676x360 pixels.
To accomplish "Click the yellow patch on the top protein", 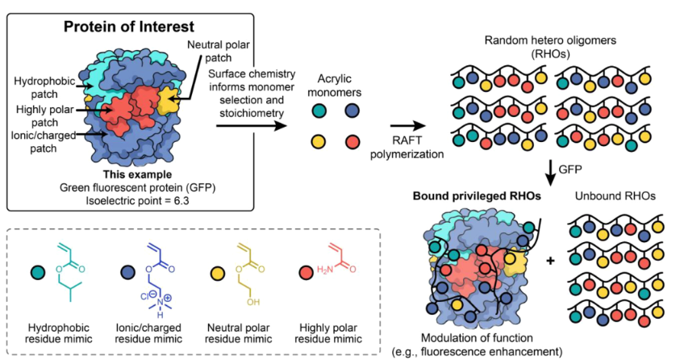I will [x=168, y=102].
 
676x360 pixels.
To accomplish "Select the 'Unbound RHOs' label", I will [x=613, y=197].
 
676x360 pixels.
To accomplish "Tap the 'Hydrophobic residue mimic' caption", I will [x=59, y=334].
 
